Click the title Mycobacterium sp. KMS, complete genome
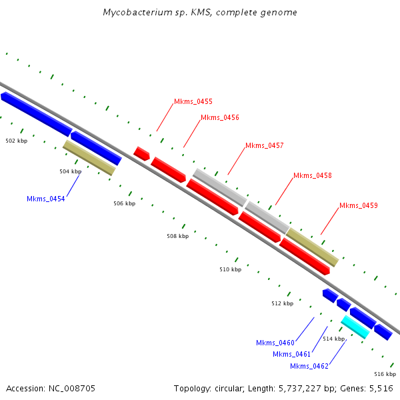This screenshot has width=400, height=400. pos(200,12)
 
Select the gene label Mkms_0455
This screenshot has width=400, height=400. pos(193,101)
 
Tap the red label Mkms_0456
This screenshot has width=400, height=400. pos(220,117)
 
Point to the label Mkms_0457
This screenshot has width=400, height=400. pos(264,145)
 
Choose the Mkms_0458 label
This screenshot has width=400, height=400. pos(313,175)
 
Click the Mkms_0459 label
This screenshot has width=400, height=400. pos(359,205)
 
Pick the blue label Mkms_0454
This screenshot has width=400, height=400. pos(46,199)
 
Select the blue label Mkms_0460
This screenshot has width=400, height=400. pos(275,343)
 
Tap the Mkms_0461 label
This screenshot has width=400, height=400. pos(291,355)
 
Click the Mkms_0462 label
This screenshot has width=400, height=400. pos(309,366)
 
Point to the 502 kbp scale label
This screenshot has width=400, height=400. pos(17,141)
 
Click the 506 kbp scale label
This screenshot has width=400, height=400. pos(125,203)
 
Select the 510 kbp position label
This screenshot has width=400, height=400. pos(231,269)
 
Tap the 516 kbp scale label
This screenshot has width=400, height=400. pos(385,374)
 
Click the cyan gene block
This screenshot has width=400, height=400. pos(355,327)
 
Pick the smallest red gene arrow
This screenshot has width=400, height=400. pos(141,154)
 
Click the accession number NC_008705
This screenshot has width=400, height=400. pos(72,389)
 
